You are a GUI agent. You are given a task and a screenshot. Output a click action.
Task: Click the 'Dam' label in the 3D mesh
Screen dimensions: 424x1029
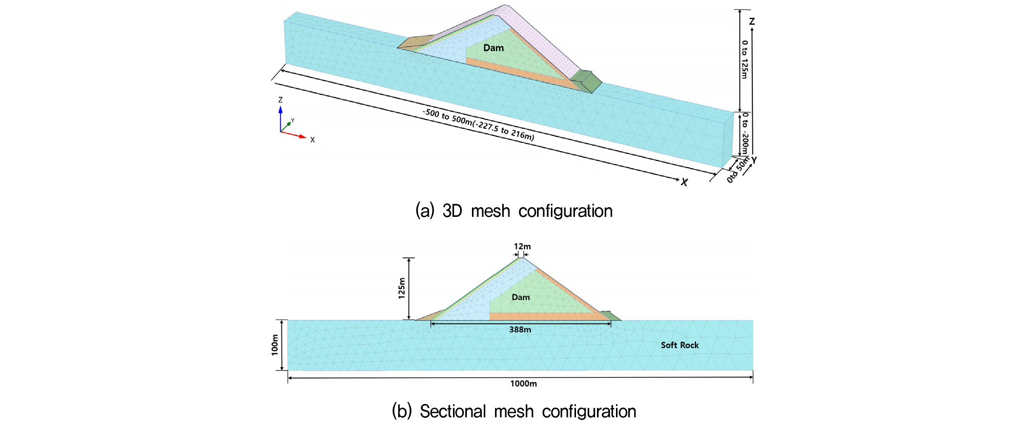click(x=493, y=48)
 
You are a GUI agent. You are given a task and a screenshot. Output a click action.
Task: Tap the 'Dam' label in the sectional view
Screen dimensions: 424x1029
click(x=521, y=297)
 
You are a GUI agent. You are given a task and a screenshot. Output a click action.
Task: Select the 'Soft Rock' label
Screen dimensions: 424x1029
click(x=680, y=345)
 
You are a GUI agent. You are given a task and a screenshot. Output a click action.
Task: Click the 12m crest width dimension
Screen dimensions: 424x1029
click(x=522, y=247)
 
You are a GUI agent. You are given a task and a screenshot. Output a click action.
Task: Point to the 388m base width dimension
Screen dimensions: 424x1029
click(x=520, y=330)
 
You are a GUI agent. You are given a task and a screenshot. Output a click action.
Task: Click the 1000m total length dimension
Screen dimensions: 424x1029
click(x=523, y=383)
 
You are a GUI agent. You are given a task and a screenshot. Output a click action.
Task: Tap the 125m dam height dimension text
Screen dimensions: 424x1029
click(x=402, y=288)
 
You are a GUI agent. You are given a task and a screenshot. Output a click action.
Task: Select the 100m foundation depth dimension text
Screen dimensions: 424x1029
click(x=275, y=345)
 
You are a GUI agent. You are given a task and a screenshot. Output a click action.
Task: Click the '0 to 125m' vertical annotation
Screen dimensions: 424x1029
click(x=745, y=59)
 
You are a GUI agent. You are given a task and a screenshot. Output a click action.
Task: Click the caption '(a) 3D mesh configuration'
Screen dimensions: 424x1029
click(x=514, y=211)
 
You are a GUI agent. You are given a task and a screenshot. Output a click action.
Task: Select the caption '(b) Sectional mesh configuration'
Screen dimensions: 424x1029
click(x=514, y=411)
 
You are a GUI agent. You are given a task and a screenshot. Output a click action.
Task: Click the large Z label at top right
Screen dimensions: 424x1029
click(x=752, y=22)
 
